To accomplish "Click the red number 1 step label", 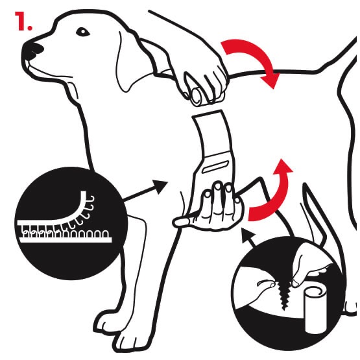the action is tap(23, 21).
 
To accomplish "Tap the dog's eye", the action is tap(82, 32).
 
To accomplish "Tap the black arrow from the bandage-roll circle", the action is tap(248, 237).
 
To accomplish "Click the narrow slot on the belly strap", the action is tap(215, 167).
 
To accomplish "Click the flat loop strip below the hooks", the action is tap(66, 239).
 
